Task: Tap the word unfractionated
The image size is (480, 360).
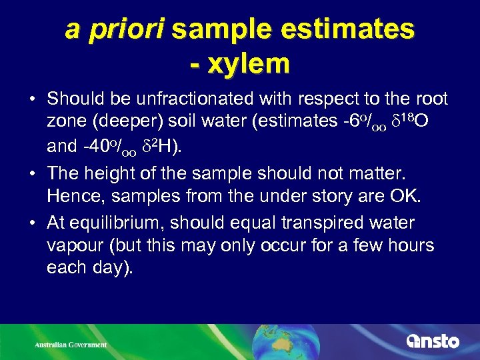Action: tap(221, 99)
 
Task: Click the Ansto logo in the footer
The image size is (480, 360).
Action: tap(433, 341)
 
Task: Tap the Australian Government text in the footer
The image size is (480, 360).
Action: tap(71, 345)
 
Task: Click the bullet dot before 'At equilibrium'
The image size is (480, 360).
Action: tap(33, 223)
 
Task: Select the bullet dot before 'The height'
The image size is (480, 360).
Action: tap(33, 173)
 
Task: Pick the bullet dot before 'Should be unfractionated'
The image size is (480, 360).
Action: tap(33, 99)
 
